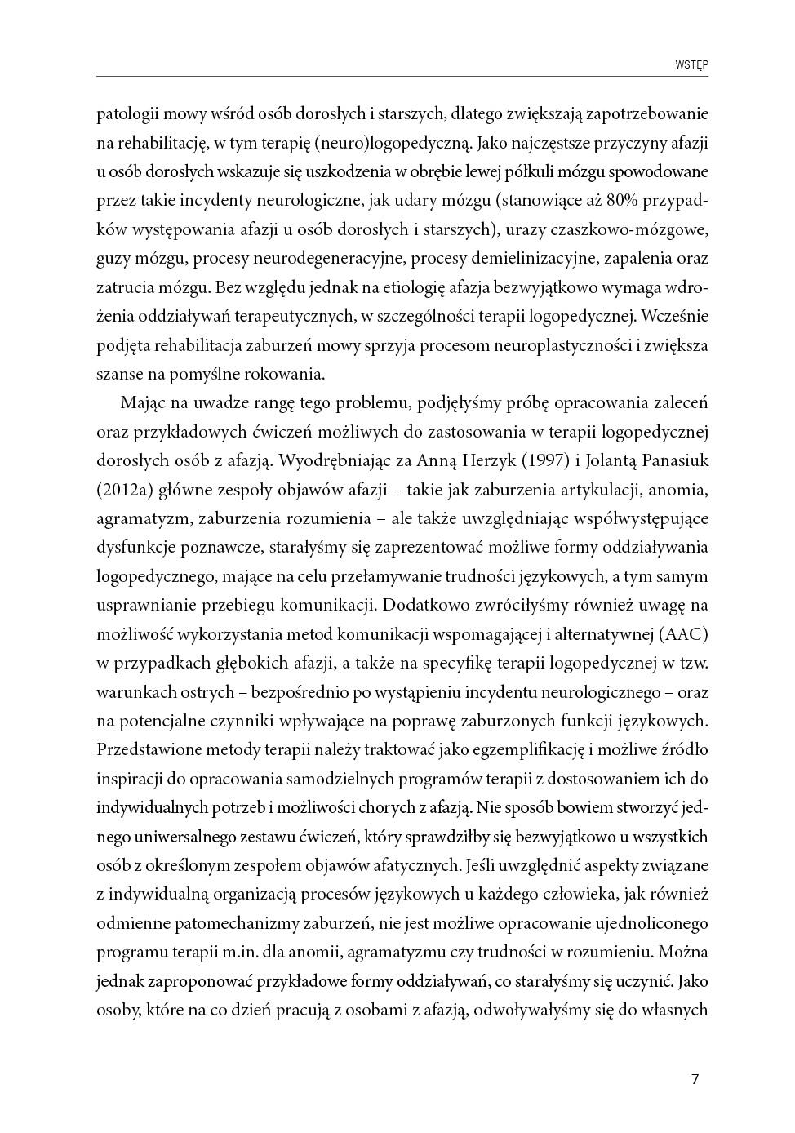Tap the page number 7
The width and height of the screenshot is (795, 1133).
[695, 1079]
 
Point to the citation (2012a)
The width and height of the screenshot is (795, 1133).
[123, 490]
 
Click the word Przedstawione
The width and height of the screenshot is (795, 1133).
[150, 749]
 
